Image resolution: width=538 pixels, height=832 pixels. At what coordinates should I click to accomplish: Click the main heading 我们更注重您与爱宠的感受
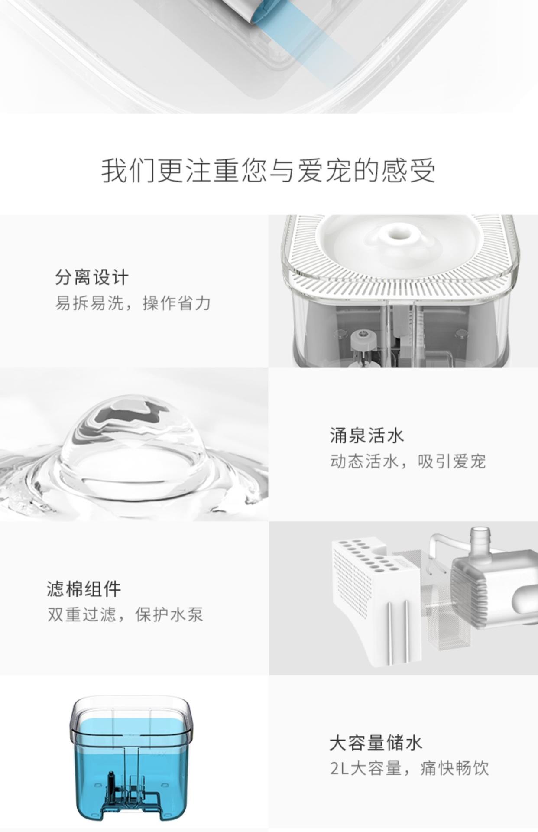pos(268,171)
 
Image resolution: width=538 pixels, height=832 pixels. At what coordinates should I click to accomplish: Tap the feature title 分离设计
pos(92,277)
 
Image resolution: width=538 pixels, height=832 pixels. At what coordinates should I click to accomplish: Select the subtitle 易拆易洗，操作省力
pos(133,303)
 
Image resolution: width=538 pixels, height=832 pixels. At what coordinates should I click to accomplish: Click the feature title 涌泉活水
pos(366,435)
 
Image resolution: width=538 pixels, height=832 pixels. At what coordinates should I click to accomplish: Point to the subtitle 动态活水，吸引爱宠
pos(408,461)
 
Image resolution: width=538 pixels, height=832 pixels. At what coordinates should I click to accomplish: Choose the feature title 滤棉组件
pos(84,589)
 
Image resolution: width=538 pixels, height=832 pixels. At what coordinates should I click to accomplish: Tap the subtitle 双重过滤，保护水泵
pos(125,615)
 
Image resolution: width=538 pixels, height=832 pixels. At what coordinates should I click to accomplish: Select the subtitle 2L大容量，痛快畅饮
pos(409,769)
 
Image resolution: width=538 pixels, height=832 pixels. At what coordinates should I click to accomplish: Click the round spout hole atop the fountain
pos(399,232)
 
